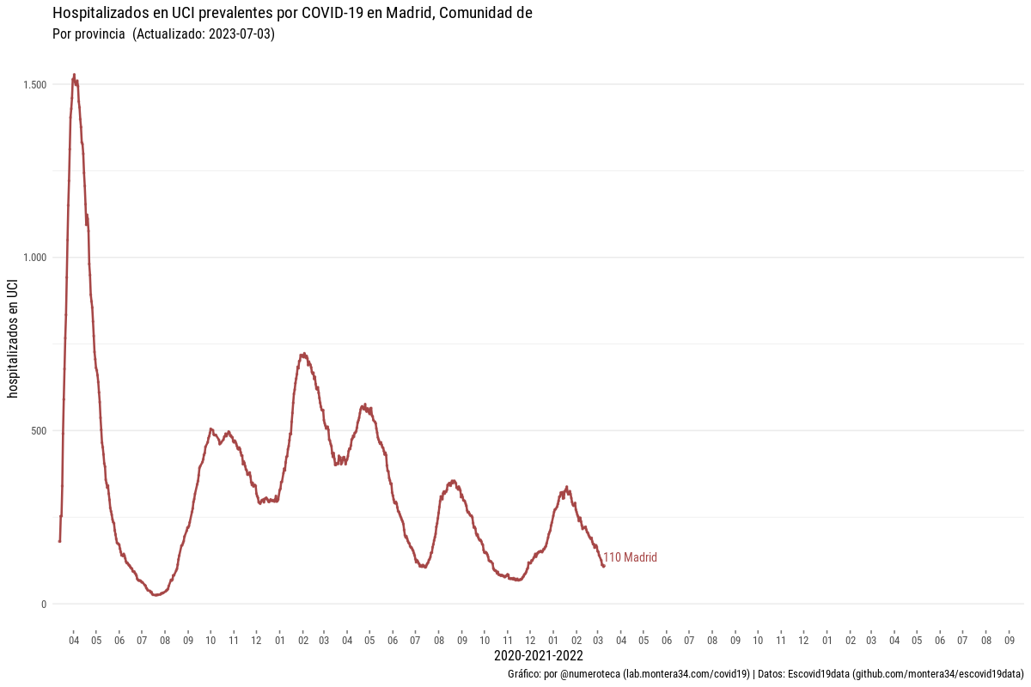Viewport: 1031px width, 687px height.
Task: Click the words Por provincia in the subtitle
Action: tap(89, 35)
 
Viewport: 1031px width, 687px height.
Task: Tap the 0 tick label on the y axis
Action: tap(43, 604)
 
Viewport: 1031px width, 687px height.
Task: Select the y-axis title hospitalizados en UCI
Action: tap(13, 339)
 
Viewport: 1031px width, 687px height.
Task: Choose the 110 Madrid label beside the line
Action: tap(630, 558)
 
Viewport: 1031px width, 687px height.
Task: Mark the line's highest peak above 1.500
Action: tap(74, 76)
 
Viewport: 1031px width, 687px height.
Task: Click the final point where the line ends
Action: tap(604, 566)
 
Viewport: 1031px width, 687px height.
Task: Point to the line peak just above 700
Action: tap(303, 353)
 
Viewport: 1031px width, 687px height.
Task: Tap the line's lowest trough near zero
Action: tap(155, 594)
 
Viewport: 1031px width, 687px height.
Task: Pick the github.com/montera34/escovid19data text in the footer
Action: tap(937, 674)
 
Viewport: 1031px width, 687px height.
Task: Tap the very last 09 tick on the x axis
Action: tap(1010, 641)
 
